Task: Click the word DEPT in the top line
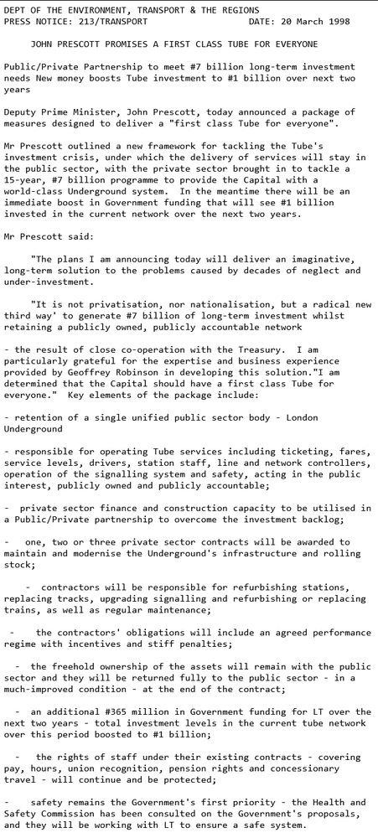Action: [x=14, y=8]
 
